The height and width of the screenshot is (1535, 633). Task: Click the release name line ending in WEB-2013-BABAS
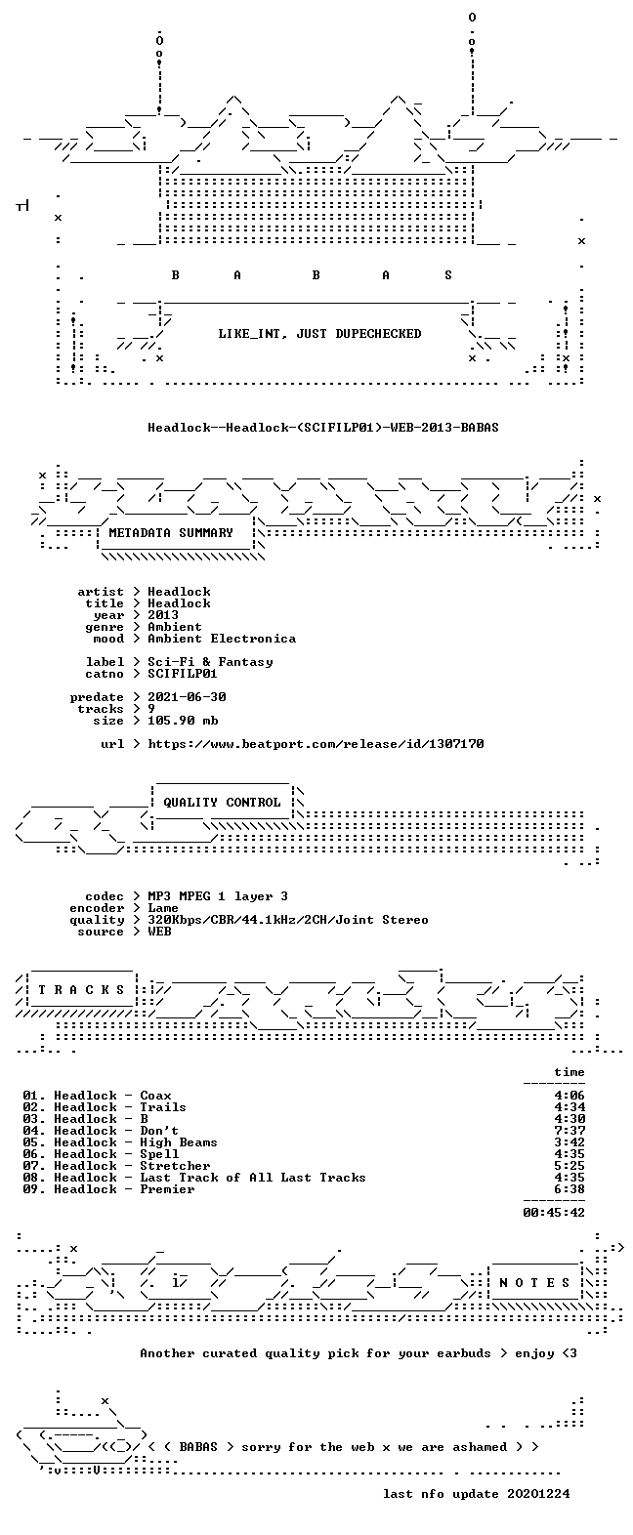pyautogui.click(x=323, y=428)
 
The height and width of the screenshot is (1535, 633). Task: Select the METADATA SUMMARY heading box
pyautogui.click(x=176, y=533)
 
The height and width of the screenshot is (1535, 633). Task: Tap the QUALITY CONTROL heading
pyautogui.click(x=222, y=803)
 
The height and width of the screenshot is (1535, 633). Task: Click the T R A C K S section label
pyautogui.click(x=81, y=989)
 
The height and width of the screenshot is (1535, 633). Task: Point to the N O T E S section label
pyautogui.click(x=534, y=1283)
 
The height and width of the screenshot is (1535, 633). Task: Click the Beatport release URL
pyautogui.click(x=316, y=744)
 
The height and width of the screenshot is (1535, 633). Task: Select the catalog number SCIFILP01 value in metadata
pyautogui.click(x=183, y=674)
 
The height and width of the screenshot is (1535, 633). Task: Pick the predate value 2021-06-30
pyautogui.click(x=187, y=697)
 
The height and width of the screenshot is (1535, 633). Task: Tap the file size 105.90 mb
pyautogui.click(x=183, y=721)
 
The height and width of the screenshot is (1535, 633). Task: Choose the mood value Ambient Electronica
pyautogui.click(x=222, y=639)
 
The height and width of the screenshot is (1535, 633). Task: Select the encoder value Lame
pyautogui.click(x=163, y=908)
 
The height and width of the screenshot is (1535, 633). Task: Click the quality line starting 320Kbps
pyautogui.click(x=288, y=920)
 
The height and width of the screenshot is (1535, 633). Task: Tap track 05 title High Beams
pyautogui.click(x=179, y=1142)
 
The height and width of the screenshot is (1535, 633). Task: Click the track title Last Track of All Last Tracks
pyautogui.click(x=253, y=1178)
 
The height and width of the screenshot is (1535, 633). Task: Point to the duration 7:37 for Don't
pyautogui.click(x=570, y=1131)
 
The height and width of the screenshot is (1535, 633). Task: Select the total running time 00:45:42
pyautogui.click(x=554, y=1212)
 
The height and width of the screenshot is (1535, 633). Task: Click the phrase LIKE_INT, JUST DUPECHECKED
pyautogui.click(x=319, y=334)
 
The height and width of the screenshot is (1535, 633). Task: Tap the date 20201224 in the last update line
pyautogui.click(x=538, y=1494)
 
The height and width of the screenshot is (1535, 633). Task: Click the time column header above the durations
pyautogui.click(x=570, y=1072)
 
